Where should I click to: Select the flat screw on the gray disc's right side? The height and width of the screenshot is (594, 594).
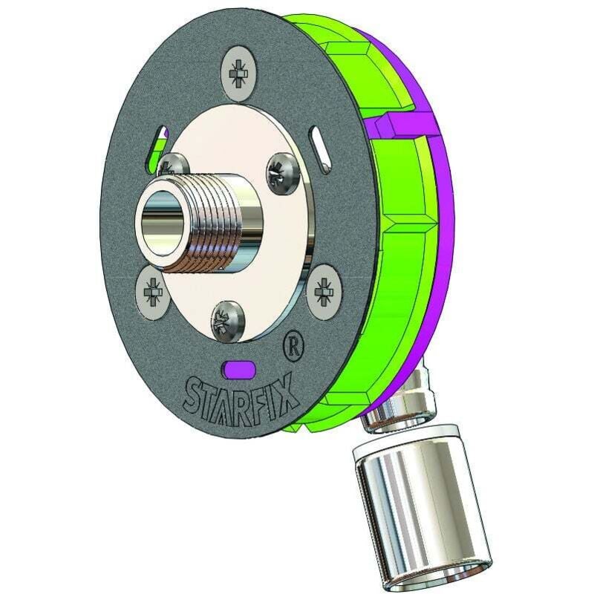coord(324,290)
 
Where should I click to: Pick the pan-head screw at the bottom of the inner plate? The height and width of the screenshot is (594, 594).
coord(226,321)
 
